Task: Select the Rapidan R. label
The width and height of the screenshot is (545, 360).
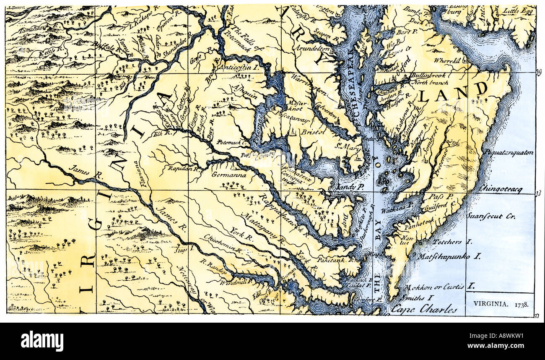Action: coord(182,168)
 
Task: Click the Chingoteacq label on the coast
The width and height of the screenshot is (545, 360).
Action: coord(501,190)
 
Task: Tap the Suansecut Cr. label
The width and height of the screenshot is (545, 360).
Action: coord(491,217)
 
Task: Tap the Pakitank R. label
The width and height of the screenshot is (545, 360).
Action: coord(340,260)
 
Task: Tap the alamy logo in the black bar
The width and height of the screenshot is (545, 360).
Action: coord(42,341)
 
